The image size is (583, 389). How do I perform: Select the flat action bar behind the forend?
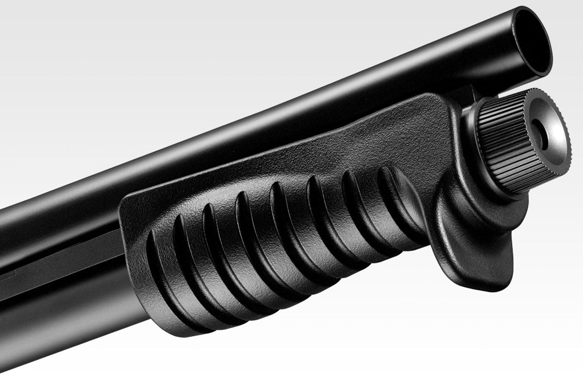[x=58, y=258]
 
